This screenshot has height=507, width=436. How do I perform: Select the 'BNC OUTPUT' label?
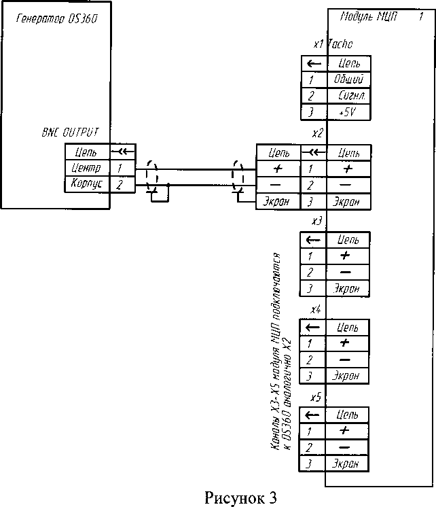[x=67, y=133]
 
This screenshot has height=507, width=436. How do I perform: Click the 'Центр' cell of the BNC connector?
[x=86, y=167]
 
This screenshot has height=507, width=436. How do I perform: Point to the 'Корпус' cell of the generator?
[x=86, y=183]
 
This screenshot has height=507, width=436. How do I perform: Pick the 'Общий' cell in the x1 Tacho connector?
[x=349, y=80]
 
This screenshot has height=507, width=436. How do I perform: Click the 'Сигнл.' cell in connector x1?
[x=349, y=96]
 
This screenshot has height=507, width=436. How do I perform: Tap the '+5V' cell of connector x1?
[x=349, y=112]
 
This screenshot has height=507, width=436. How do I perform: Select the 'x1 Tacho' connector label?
[x=333, y=45]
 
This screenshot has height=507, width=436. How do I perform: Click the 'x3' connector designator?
[x=316, y=222]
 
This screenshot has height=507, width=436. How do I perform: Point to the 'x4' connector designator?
[x=316, y=310]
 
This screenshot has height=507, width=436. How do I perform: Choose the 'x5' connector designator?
[x=316, y=397]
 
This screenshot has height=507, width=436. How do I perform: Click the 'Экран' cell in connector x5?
[x=349, y=464]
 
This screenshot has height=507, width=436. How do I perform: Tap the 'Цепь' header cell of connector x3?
[x=349, y=240]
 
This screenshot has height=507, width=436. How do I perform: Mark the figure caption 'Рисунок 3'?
[x=240, y=497]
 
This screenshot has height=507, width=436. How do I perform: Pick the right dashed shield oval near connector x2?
[x=237, y=176]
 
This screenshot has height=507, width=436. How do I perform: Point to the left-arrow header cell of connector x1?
[x=312, y=63]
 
